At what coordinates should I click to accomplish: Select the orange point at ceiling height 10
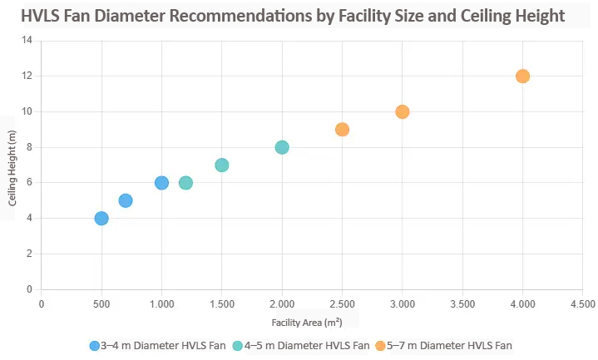click(x=402, y=111)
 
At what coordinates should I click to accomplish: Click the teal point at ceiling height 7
click(x=221, y=165)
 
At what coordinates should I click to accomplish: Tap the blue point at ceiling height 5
click(x=126, y=200)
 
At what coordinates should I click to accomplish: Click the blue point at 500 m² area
click(x=101, y=218)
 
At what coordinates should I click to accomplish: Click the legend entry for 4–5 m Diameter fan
click(x=301, y=345)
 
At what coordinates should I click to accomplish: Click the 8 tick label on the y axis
click(x=30, y=147)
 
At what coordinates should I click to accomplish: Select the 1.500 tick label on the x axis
click(x=221, y=304)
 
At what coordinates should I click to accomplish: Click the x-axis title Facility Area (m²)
click(x=306, y=322)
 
